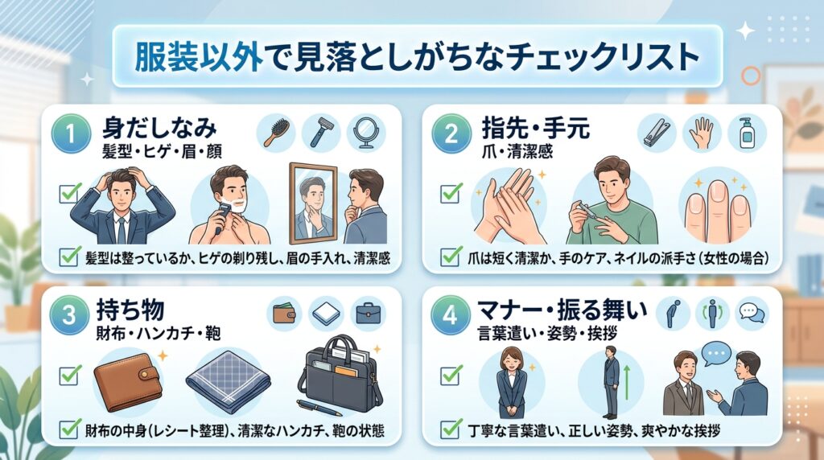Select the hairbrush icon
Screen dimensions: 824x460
276,133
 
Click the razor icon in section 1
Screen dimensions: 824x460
320,133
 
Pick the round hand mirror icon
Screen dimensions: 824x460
365,133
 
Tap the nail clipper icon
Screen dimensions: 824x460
657,133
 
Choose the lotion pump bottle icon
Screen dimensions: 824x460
746,133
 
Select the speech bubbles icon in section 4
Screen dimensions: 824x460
752,313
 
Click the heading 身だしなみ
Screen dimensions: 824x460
160,128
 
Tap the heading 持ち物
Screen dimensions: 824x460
130,310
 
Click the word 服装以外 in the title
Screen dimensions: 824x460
199,56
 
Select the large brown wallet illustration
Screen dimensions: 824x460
128,381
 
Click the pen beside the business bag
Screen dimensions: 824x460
320,408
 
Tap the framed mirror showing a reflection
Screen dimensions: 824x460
313,203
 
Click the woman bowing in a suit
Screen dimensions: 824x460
511,381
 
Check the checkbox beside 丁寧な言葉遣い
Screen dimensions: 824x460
451,429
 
